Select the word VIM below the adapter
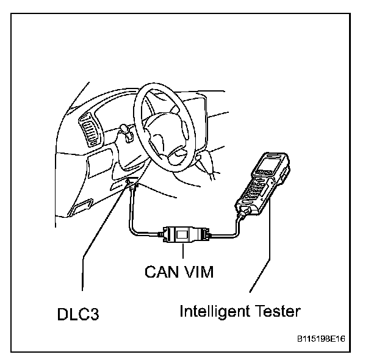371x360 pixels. [x=198, y=271]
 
